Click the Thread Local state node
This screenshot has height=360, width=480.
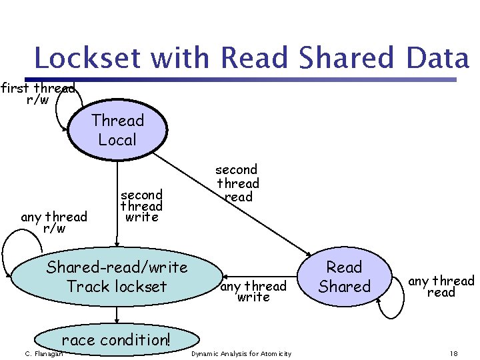117,131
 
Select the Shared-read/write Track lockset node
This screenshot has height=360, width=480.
117,277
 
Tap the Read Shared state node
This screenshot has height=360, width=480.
344,277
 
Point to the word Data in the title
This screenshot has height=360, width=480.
437,59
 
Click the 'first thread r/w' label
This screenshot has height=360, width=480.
37,93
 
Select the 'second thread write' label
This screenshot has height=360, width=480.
141,205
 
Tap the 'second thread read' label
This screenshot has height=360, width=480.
237,183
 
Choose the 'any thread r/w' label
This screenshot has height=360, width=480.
54,222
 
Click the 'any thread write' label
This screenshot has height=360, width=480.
253,291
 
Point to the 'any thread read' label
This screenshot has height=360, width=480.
441,287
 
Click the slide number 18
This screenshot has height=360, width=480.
453,353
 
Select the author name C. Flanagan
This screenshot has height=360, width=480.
43,353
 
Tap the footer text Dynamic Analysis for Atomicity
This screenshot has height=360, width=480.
241,353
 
